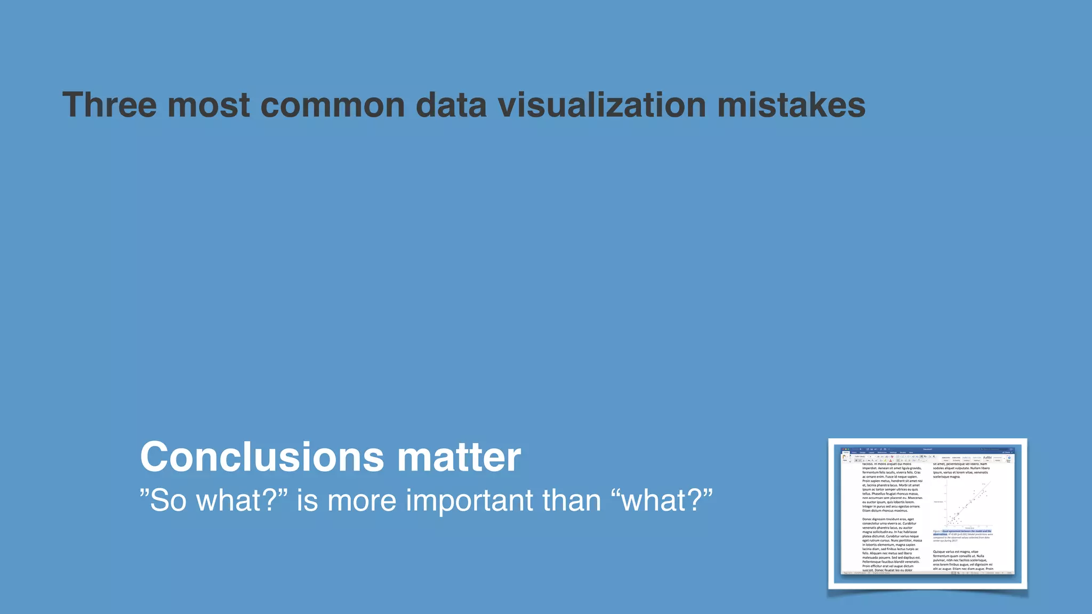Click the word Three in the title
click(109, 105)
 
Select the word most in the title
click(208, 105)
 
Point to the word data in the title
click(451, 105)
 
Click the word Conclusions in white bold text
click(262, 457)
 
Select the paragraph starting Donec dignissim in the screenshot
click(892, 544)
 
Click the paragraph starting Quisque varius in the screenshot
click(962, 560)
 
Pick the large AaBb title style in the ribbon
click(987, 458)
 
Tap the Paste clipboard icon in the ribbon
click(845, 458)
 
